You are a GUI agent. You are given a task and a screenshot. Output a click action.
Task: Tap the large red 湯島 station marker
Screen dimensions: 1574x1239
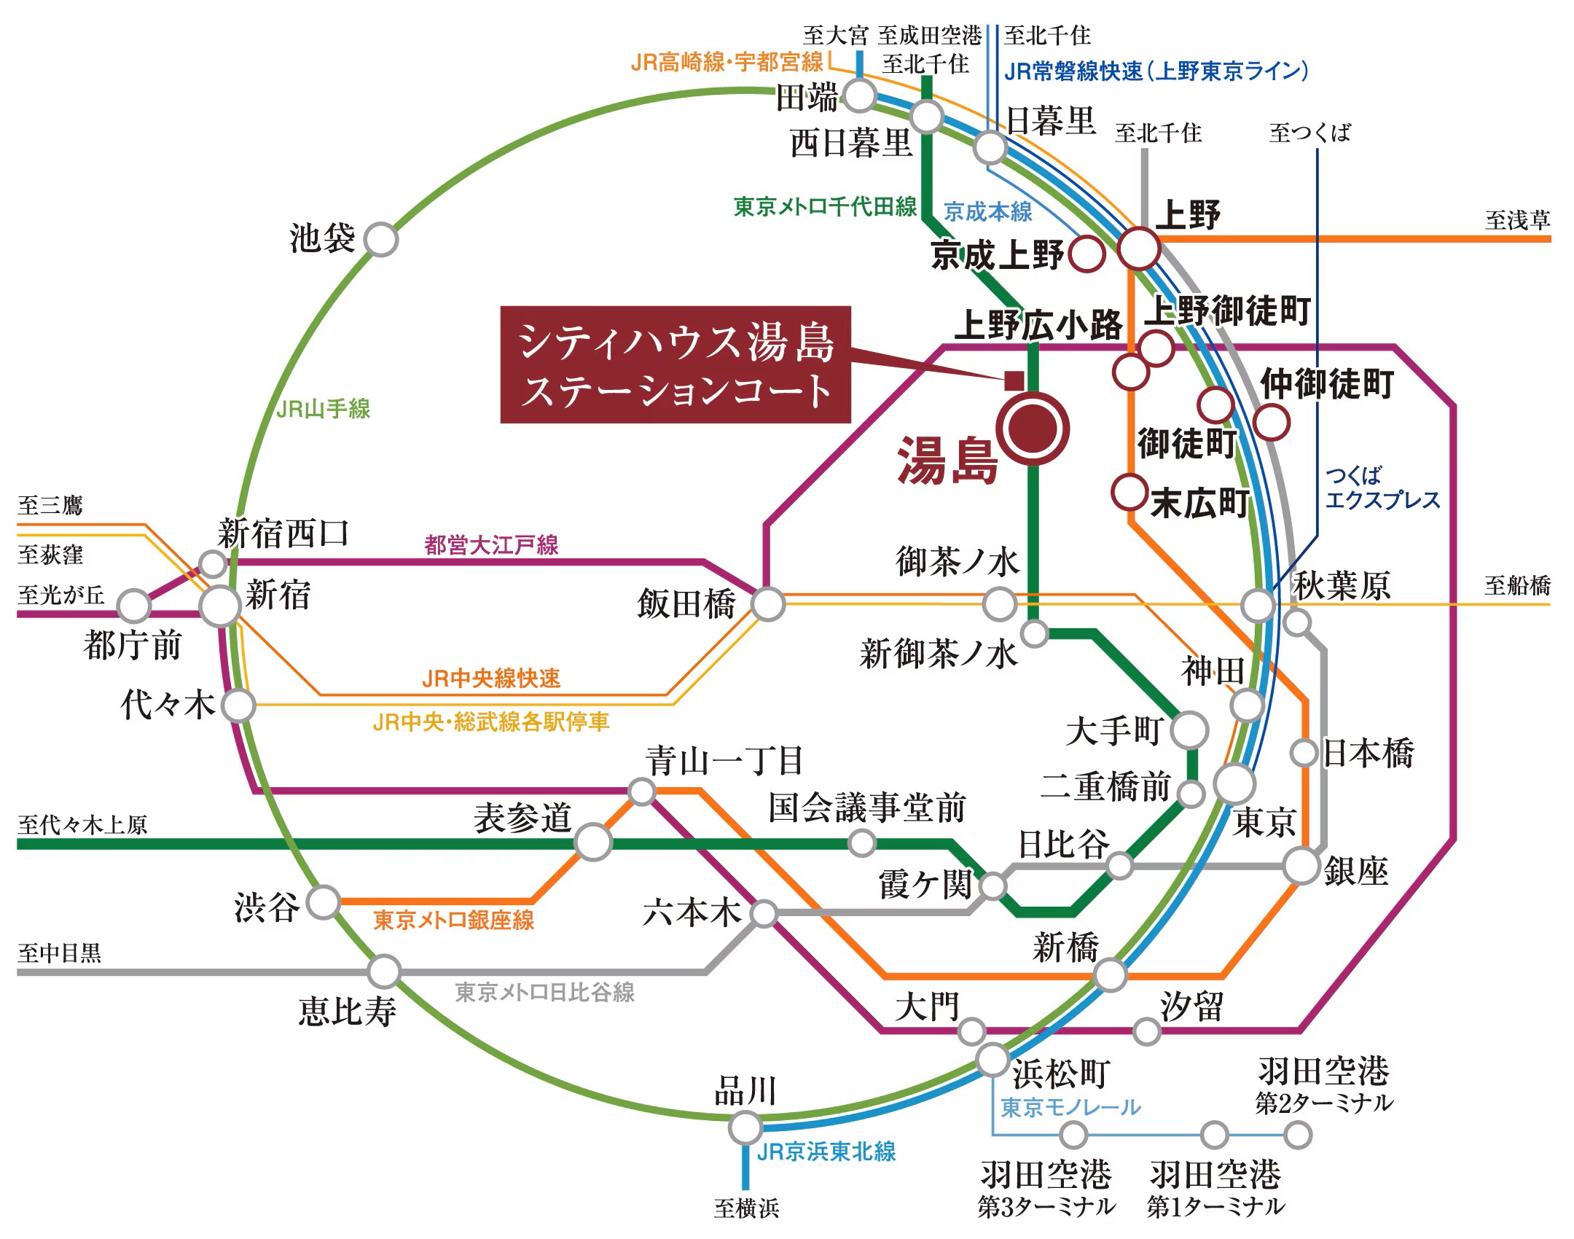[1033, 429]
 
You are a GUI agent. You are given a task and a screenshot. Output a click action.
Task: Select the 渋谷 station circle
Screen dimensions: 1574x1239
[324, 902]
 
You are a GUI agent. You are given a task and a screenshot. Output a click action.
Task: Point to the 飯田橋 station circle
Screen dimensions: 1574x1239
[768, 604]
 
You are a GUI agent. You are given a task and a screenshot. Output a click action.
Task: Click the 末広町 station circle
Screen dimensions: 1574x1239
[1129, 492]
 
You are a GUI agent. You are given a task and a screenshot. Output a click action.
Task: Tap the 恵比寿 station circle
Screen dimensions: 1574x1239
[384, 972]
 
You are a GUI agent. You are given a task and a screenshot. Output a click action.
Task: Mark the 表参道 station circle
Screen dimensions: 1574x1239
[593, 842]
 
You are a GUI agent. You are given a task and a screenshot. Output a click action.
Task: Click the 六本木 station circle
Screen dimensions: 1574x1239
[764, 913]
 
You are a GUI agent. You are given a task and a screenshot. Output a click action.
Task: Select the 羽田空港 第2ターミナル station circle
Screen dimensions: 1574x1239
[1298, 1135]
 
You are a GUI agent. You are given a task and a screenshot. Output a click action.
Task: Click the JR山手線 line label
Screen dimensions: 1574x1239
[324, 409]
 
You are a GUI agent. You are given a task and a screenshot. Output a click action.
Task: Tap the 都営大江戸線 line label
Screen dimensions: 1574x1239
[491, 544]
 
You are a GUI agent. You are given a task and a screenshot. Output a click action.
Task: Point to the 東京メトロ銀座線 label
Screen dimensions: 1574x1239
[453, 920]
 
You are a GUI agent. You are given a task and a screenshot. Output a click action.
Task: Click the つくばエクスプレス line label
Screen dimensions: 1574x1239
[1382, 488]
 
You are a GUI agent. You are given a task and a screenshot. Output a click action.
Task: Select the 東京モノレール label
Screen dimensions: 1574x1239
[1070, 1108]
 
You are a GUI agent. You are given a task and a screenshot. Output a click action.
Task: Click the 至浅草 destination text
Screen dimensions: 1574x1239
[1518, 220]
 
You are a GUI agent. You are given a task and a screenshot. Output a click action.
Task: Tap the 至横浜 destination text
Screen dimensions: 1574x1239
[746, 1208]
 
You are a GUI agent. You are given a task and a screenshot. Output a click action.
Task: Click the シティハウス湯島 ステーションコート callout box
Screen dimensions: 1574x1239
[676, 364]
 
